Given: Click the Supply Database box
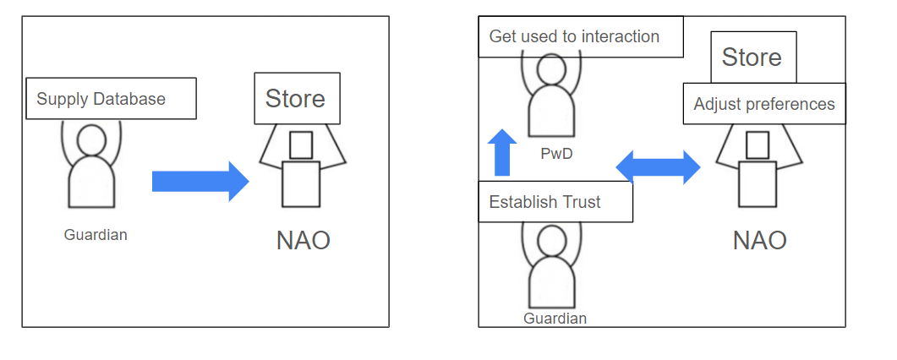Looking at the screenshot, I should [x=111, y=99].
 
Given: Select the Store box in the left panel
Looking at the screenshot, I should [x=296, y=99].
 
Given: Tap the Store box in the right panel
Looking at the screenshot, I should [x=752, y=57].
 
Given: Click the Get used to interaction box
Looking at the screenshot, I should [x=580, y=37].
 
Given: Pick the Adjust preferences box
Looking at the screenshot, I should [x=763, y=104].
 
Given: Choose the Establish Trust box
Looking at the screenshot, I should [x=555, y=202].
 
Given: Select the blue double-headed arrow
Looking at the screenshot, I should [x=658, y=166].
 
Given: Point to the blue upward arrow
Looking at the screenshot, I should [x=502, y=153].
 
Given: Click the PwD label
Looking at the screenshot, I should [x=552, y=155].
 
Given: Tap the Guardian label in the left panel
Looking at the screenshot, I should [x=96, y=235].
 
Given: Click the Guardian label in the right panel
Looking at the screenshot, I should [x=555, y=319].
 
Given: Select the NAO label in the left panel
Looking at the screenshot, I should [x=303, y=241].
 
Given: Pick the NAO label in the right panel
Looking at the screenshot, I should [x=759, y=240].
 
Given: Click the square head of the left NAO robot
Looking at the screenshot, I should [x=301, y=145].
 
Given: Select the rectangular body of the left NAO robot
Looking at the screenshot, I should [x=301, y=184].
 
